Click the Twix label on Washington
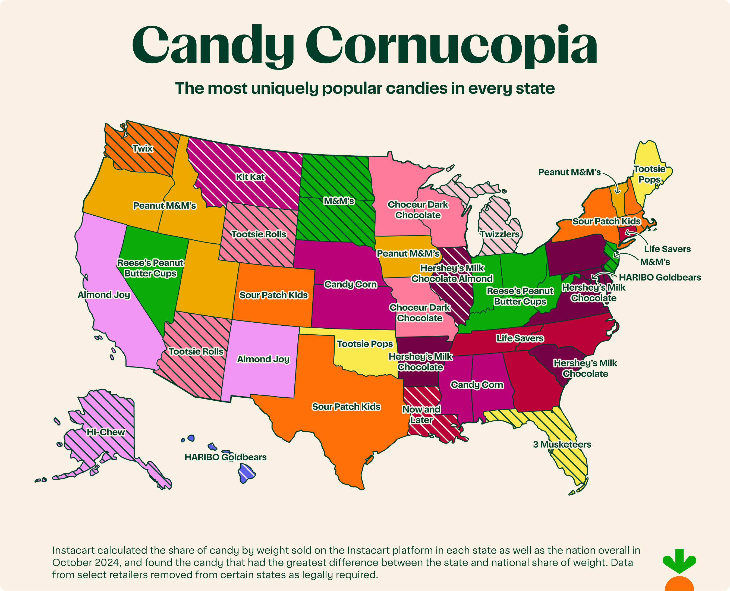[x=143, y=149]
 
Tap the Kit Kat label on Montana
[x=250, y=177]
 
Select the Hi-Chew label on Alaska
[x=106, y=432]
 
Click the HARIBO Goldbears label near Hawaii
[x=225, y=457]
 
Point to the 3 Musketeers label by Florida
[x=562, y=444]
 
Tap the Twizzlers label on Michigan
[x=500, y=234]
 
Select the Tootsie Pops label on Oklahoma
[x=365, y=344]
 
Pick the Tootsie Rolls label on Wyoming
[x=259, y=234]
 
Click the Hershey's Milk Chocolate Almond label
[x=452, y=274]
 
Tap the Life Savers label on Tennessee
[x=520, y=338]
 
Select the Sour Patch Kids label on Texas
[x=346, y=407]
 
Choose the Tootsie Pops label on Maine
[x=649, y=174]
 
